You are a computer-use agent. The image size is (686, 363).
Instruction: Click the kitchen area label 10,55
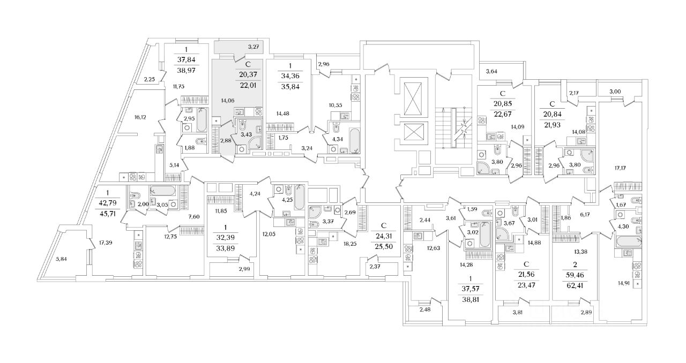(x=335, y=105)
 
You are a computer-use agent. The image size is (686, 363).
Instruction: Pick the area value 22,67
(x=503, y=112)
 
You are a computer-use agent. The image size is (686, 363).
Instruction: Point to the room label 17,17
(x=620, y=168)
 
